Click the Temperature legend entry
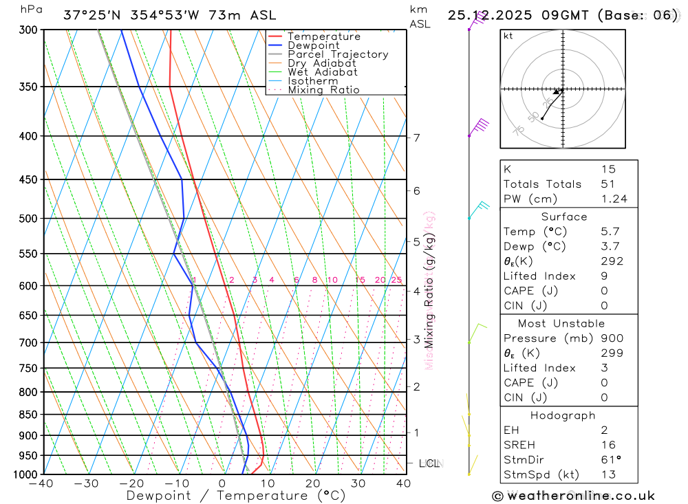pyautogui.click(x=323, y=37)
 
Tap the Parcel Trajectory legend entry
pyautogui.click(x=338, y=54)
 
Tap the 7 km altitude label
pyautogui.click(x=417, y=138)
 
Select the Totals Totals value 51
pyautogui.click(x=608, y=184)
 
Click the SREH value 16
pyautogui.click(x=608, y=445)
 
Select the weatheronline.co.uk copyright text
pyautogui.click(x=574, y=495)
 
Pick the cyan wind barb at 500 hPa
pyautogui.click(x=478, y=209)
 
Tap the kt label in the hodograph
pyautogui.click(x=508, y=36)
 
